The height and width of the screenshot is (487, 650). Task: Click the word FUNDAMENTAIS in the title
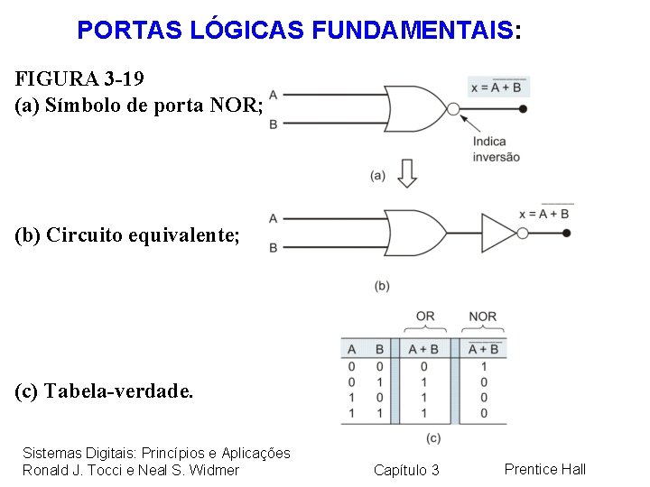pos(413,30)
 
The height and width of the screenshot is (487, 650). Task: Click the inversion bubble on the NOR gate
pos(454,109)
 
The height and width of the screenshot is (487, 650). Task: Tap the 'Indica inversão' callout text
pos(496,149)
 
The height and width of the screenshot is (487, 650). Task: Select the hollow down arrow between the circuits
pos(407,172)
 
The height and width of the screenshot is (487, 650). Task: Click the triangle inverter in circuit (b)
pos(498,233)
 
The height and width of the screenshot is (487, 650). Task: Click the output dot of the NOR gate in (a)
pos(524,109)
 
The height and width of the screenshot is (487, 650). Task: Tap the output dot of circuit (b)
pos(566,233)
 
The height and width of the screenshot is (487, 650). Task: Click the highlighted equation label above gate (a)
pos(498,87)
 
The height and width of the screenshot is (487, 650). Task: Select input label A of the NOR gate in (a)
pos(273,95)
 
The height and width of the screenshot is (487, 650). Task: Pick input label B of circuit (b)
pos(273,247)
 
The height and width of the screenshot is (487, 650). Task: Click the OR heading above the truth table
pos(424,317)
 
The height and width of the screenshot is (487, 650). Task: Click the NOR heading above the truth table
pos(483,317)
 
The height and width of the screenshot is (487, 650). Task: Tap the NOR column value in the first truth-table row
pos(484,366)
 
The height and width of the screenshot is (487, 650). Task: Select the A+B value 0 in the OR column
pos(423,366)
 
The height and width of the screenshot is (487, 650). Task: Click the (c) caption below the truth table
pos(432,437)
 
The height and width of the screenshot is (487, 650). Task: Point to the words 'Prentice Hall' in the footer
pos(544,468)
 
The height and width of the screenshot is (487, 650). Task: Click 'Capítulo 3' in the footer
pos(406,470)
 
